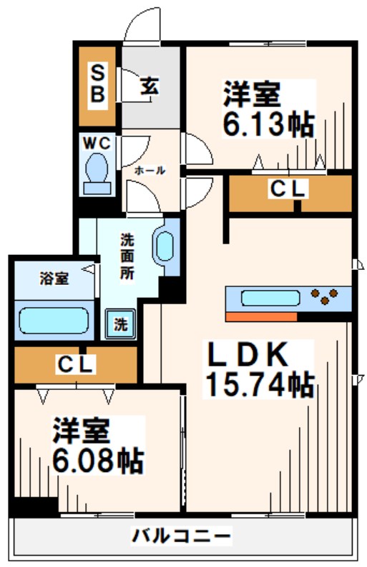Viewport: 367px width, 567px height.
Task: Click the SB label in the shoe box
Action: pos(98,84)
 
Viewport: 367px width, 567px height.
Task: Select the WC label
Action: pos(97,143)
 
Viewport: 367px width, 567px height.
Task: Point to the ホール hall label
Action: pos(150,171)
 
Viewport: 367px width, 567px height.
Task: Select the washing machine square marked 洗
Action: pos(120,323)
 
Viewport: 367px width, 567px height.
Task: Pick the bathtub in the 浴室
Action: pos(54,318)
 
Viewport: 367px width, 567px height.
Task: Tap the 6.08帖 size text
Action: pos(98,459)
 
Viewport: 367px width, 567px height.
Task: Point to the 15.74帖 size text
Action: pos(259,386)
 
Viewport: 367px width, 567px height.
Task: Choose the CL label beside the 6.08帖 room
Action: pos(75,365)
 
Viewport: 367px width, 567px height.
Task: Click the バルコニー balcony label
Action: pos(182,534)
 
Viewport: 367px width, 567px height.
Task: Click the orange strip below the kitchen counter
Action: pos(260,316)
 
